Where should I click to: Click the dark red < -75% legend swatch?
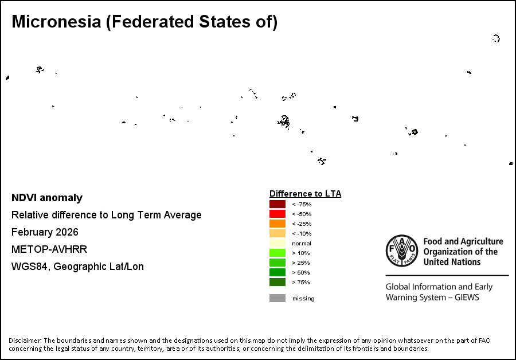[277, 204]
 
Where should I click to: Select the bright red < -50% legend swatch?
[277, 214]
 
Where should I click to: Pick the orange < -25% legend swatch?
[277, 224]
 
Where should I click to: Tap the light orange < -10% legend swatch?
[277, 233]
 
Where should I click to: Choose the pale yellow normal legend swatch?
[277, 243]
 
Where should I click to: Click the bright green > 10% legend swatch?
[277, 253]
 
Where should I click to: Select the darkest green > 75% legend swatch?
[277, 282]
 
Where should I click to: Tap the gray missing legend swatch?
[277, 298]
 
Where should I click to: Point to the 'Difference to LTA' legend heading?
[305, 194]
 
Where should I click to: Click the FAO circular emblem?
[402, 252]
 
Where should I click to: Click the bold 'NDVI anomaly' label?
[47, 198]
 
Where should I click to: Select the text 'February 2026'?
[45, 232]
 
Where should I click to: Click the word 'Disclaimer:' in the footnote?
[25, 341]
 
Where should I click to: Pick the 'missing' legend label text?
[303, 298]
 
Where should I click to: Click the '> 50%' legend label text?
[302, 272]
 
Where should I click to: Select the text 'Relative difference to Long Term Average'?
[107, 215]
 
